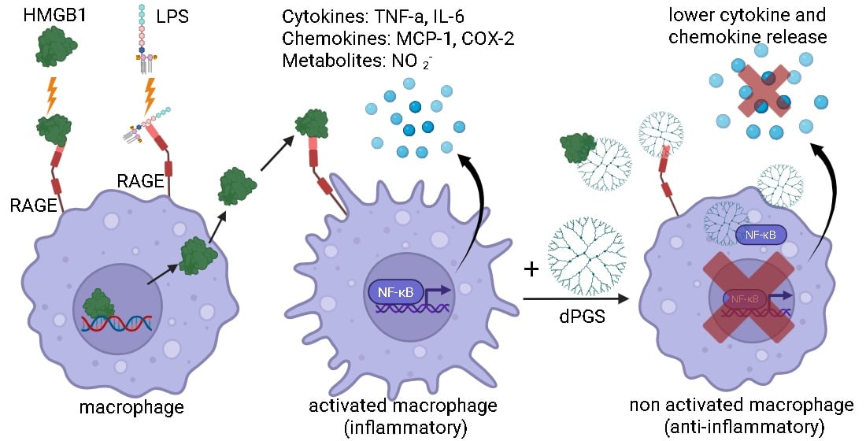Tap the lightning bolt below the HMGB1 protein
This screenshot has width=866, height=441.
(53, 94)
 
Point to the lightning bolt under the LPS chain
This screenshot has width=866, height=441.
(150, 93)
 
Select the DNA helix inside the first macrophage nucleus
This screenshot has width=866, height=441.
(114, 323)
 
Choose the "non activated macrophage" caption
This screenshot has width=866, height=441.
(742, 406)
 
